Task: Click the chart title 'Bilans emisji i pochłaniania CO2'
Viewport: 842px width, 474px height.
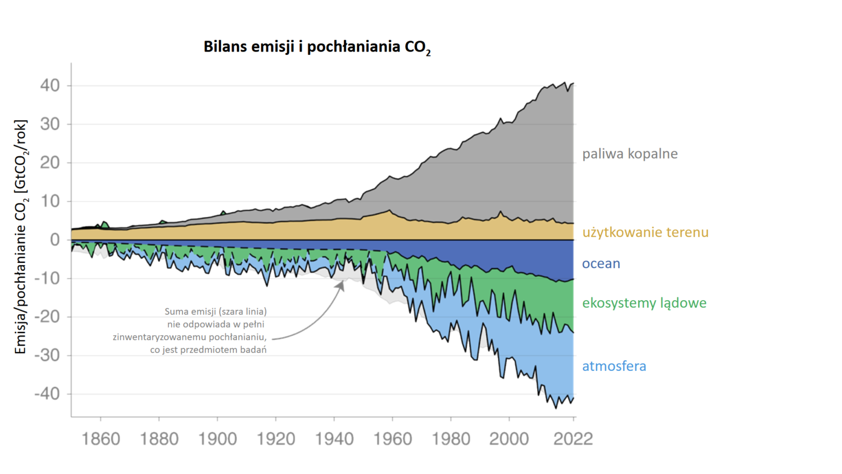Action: point(317,47)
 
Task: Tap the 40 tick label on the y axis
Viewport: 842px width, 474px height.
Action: point(49,86)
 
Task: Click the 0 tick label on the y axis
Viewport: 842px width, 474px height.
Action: point(55,240)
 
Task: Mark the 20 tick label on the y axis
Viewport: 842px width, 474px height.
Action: point(49,163)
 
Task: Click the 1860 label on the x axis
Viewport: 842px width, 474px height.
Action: point(100,439)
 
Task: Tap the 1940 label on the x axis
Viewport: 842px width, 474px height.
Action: point(334,439)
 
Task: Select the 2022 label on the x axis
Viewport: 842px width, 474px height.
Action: point(573,439)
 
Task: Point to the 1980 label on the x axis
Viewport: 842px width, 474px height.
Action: point(451,439)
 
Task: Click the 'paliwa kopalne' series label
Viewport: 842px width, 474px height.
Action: point(630,154)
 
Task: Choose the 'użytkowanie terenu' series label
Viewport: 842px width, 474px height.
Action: point(645,233)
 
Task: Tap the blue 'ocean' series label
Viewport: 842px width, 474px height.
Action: point(601,264)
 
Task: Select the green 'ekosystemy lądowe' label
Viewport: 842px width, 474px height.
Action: point(644,303)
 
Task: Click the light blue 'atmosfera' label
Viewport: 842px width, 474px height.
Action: point(614,366)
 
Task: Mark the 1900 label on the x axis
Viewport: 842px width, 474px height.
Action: point(218,439)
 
